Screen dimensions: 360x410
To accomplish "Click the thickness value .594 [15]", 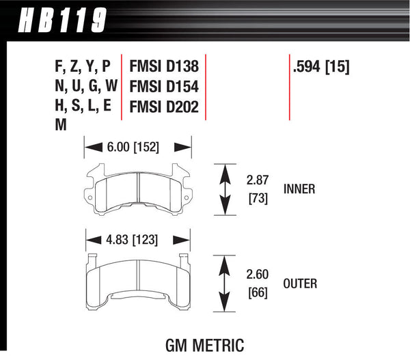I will (320, 67).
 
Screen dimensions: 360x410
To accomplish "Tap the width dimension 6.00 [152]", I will (137, 146).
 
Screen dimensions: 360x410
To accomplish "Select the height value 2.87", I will (258, 181).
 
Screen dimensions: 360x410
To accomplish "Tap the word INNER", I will (299, 189).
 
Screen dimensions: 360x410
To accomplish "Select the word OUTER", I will (301, 282).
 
